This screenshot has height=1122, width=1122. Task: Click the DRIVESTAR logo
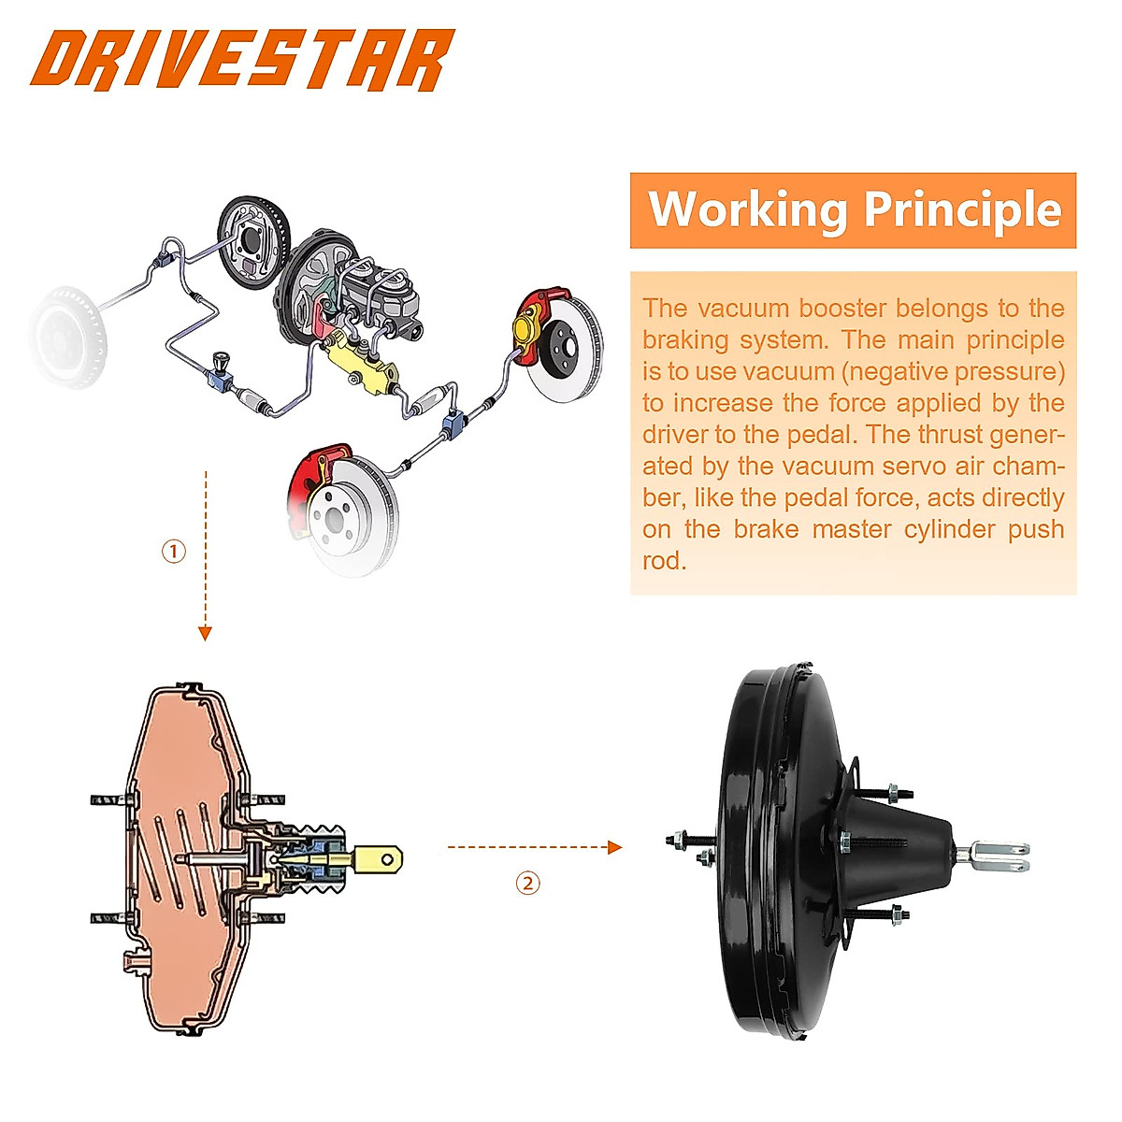coord(241,61)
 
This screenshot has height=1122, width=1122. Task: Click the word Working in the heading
coord(747,209)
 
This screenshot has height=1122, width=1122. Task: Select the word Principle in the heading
coord(962,209)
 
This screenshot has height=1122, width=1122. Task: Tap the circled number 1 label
coord(174,552)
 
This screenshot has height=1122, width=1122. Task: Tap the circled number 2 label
coord(528,883)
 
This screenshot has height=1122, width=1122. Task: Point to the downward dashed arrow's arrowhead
coord(206,634)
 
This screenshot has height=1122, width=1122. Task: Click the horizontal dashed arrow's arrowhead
coord(614,847)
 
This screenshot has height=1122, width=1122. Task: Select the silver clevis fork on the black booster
coord(1000,854)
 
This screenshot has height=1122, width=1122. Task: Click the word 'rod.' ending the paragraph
coord(664,561)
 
